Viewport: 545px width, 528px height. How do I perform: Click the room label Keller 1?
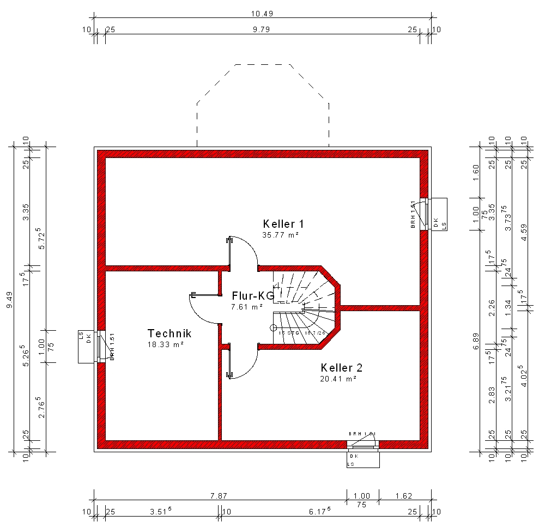pyautogui.click(x=283, y=224)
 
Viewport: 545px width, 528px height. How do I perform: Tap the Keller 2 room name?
pyautogui.click(x=341, y=368)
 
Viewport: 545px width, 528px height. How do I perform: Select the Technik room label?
pyautogui.click(x=169, y=333)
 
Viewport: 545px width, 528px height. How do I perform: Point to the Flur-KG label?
pyautogui.click(x=252, y=296)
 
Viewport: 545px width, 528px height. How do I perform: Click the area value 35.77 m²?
pyautogui.click(x=280, y=235)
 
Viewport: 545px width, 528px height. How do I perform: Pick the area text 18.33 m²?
pyautogui.click(x=165, y=345)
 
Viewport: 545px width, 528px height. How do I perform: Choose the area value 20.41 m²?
pyautogui.click(x=338, y=379)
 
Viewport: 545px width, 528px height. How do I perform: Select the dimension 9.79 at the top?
pyautogui.click(x=262, y=29)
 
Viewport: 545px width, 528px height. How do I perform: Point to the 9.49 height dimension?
pyautogui.click(x=9, y=299)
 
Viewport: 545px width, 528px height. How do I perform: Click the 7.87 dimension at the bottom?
pyautogui.click(x=218, y=496)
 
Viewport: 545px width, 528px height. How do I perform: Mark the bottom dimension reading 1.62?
pyautogui.click(x=404, y=496)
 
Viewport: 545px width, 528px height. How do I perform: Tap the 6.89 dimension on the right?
pyautogui.click(x=476, y=344)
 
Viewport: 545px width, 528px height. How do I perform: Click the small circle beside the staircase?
pyautogui.click(x=274, y=327)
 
